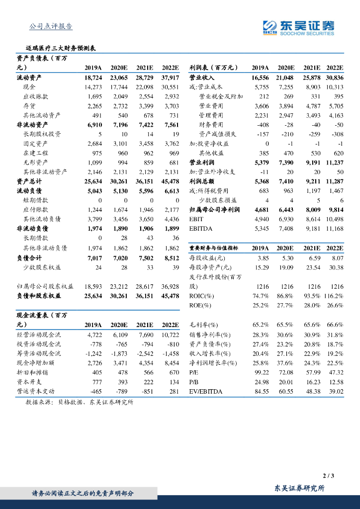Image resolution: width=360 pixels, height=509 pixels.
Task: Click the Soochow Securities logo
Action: click(298, 27)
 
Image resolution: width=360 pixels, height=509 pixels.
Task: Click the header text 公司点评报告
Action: click(51, 26)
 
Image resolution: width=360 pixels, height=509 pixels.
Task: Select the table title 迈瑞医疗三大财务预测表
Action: click(61, 49)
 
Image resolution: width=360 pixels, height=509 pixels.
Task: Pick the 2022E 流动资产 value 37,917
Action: click(170, 78)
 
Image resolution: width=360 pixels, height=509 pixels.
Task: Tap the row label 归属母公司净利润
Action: click(215, 210)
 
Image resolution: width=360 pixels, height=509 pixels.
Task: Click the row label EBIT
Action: click(196, 219)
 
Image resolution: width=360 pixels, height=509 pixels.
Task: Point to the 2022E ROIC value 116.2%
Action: click(333, 295)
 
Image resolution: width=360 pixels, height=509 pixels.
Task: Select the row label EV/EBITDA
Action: click(206, 391)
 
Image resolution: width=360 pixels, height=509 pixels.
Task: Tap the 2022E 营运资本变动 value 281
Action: click(173, 391)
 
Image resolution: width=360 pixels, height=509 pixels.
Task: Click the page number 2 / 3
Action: click(328, 476)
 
